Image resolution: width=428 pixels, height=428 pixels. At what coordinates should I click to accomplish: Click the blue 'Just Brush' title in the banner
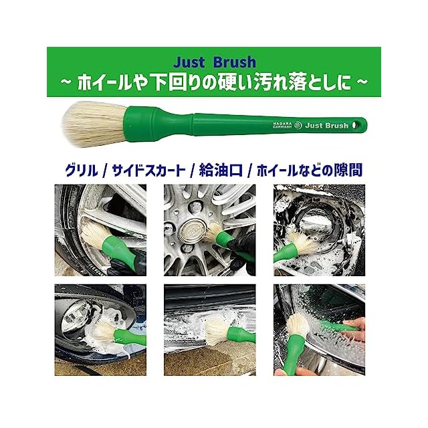click(215, 62)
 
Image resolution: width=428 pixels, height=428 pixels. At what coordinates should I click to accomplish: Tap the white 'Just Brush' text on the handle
click(327, 126)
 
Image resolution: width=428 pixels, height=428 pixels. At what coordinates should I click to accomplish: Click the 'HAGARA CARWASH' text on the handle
click(282, 125)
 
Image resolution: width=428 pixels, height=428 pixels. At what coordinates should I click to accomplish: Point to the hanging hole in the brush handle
click(355, 125)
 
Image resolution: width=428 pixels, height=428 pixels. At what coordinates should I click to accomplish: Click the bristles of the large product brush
click(94, 124)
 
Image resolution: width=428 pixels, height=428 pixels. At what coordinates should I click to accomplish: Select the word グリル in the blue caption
click(81, 171)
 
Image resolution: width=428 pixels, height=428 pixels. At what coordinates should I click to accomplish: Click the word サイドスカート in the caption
click(148, 171)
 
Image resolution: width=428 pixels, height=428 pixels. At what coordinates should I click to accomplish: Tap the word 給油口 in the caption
click(221, 171)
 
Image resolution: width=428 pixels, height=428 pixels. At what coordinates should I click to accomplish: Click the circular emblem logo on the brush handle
click(299, 126)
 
